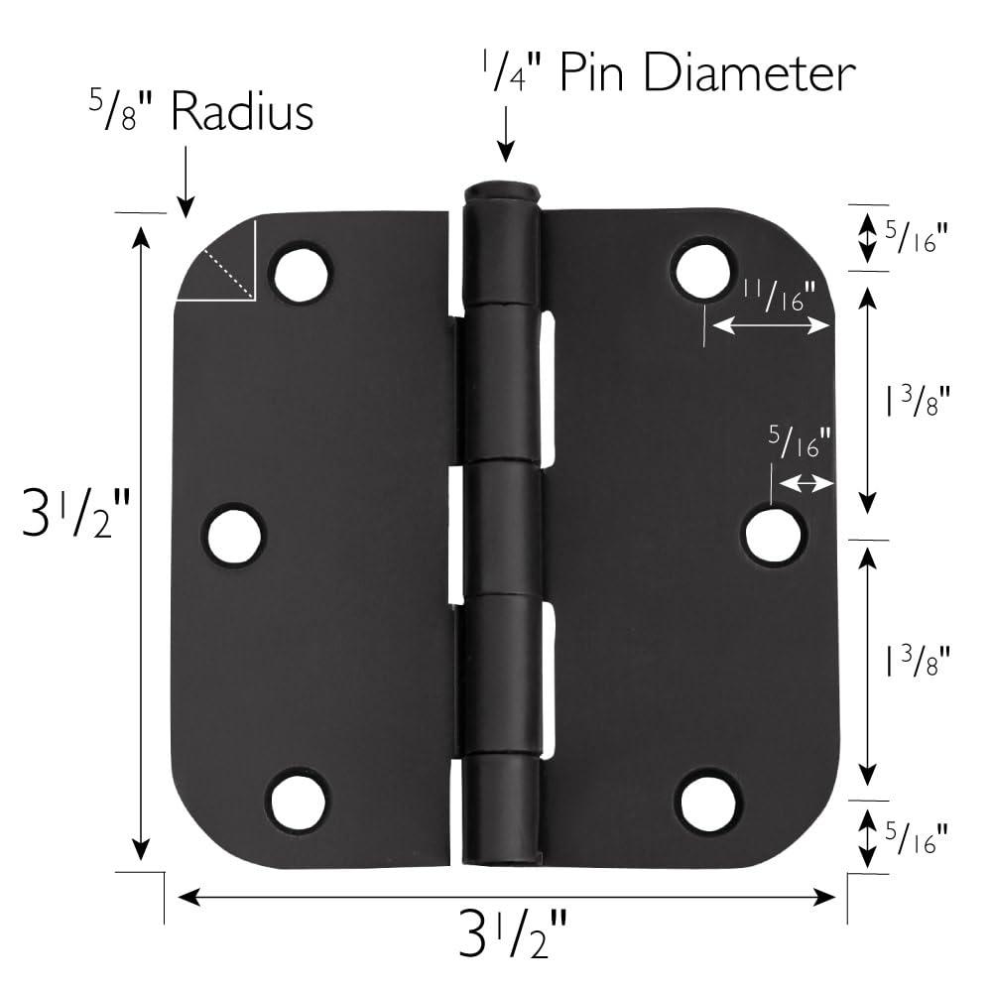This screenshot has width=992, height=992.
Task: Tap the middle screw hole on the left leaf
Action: tap(235, 536)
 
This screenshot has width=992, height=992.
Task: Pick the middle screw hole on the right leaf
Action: tap(774, 536)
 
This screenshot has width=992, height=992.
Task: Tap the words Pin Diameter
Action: tap(705, 74)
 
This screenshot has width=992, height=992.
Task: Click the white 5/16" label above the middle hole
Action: tap(799, 441)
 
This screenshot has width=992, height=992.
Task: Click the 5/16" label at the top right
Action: tap(915, 238)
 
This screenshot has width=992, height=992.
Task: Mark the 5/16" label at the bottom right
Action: tap(915, 839)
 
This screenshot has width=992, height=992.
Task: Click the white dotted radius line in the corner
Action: tap(228, 275)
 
